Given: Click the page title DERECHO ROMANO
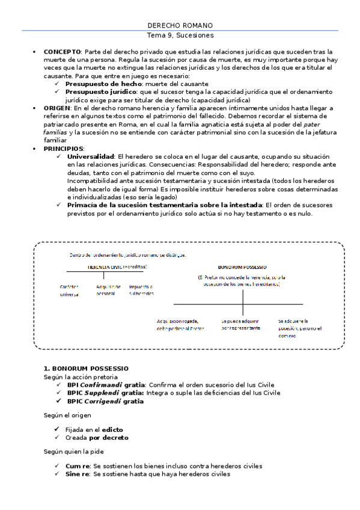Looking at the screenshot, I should (180, 25).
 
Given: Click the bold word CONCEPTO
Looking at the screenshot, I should (61, 52).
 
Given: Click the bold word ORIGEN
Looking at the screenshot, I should (56, 108).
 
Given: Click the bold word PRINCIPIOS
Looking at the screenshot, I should (63, 147).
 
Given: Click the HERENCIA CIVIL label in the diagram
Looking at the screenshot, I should (105, 266).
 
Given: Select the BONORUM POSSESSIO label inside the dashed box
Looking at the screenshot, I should (243, 266).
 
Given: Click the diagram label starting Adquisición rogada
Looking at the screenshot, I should (181, 325).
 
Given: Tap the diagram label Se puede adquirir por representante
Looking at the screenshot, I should (241, 325).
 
